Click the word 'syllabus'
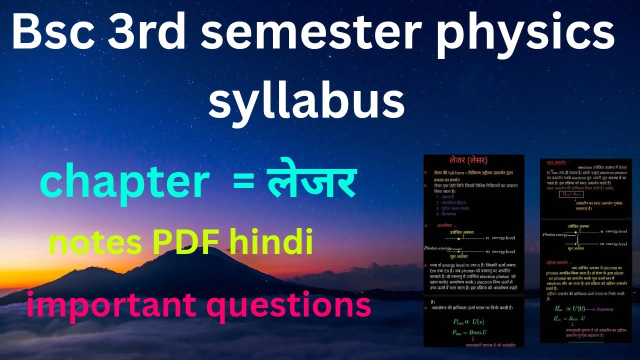(306, 100)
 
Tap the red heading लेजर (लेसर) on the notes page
(468, 160)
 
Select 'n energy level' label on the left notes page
(500, 237)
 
